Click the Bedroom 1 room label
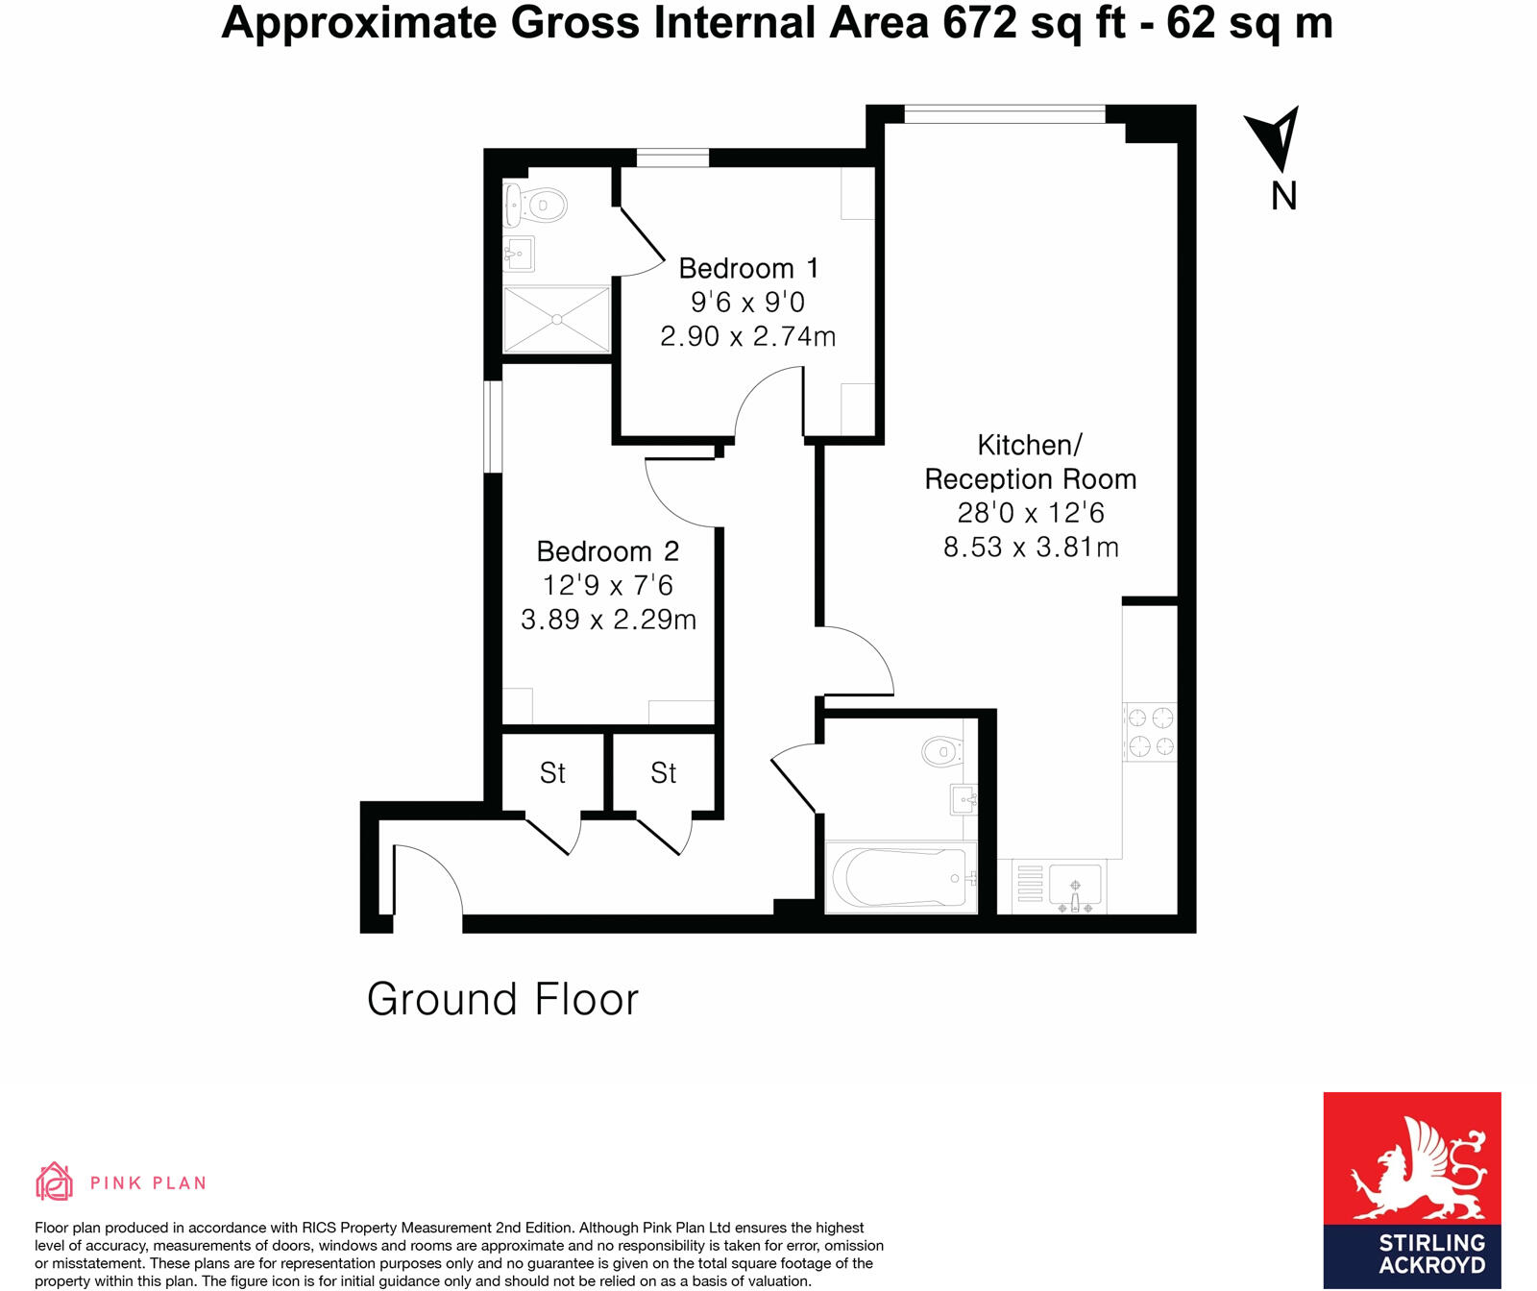[748, 268]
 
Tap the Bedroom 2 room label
[607, 551]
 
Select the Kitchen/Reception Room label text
[1030, 462]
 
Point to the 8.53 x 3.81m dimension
[1031, 548]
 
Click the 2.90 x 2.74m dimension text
[748, 336]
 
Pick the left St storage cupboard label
[552, 773]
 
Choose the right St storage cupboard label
[663, 773]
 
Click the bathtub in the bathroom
[900, 877]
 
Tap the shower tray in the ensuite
[557, 319]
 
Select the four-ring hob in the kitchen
[1150, 732]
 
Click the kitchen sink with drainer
[1074, 887]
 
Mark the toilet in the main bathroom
[941, 751]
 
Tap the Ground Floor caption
[502, 1000]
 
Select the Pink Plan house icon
[54, 1181]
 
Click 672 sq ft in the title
[1034, 23]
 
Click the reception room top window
[1004, 114]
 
